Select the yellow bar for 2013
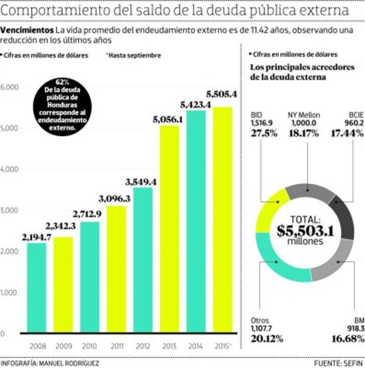coord(169,229)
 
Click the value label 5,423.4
coord(195,105)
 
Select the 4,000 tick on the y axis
coord(9,169)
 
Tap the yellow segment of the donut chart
coord(270,209)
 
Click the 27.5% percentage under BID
coord(263,133)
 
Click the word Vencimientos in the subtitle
coord(27,30)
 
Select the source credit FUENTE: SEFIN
coord(339,363)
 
